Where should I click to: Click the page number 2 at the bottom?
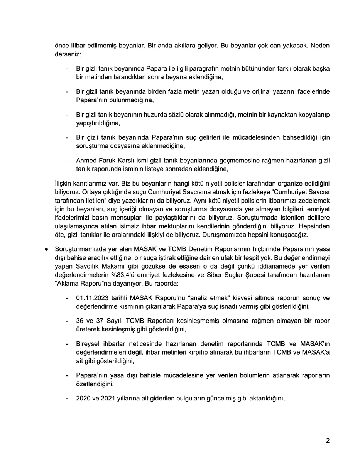328,441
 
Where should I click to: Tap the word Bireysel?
88,343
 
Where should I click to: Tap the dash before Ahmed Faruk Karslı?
67,160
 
